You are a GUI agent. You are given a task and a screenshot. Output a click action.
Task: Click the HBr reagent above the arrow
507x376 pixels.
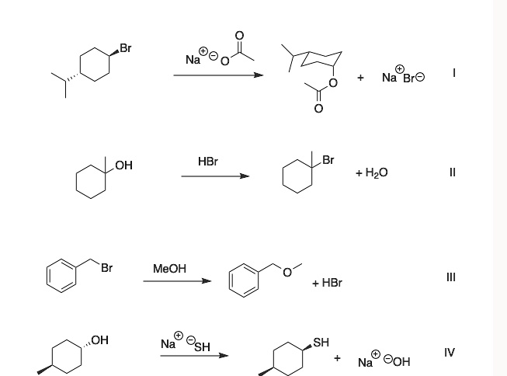pyautogui.click(x=207, y=161)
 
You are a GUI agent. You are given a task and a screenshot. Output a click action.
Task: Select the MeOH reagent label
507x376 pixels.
pyautogui.click(x=170, y=268)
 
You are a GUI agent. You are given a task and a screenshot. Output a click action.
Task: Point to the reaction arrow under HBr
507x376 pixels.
pyautogui.click(x=215, y=176)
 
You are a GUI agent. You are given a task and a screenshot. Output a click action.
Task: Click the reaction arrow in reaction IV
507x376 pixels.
pyautogui.click(x=194, y=357)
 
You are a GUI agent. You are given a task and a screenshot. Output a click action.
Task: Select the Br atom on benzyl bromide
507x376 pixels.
pyautogui.click(x=106, y=268)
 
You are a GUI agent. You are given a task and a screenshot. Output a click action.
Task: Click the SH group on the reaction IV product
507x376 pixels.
pyautogui.click(x=321, y=342)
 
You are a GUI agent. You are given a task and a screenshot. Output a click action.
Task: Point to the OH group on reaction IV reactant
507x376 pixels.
pyautogui.click(x=99, y=339)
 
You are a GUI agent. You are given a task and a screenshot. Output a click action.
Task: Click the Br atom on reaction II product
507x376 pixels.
pyautogui.click(x=328, y=160)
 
